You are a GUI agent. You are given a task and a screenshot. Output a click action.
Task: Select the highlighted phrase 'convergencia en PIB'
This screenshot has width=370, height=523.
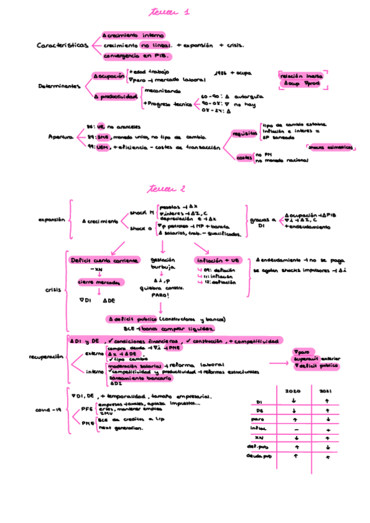(135, 56)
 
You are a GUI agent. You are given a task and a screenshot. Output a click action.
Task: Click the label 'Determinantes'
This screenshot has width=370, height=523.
(59, 87)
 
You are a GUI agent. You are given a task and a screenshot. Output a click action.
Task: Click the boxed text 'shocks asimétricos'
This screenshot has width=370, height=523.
(330, 147)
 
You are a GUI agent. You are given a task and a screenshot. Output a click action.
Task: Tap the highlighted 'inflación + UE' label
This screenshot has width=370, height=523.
(217, 260)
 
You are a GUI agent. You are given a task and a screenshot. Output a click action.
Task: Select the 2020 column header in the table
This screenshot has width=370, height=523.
(293, 391)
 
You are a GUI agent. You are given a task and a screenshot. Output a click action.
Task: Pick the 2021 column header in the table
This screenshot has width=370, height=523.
(326, 391)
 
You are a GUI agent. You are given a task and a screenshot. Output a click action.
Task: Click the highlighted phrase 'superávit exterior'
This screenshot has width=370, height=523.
(317, 358)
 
